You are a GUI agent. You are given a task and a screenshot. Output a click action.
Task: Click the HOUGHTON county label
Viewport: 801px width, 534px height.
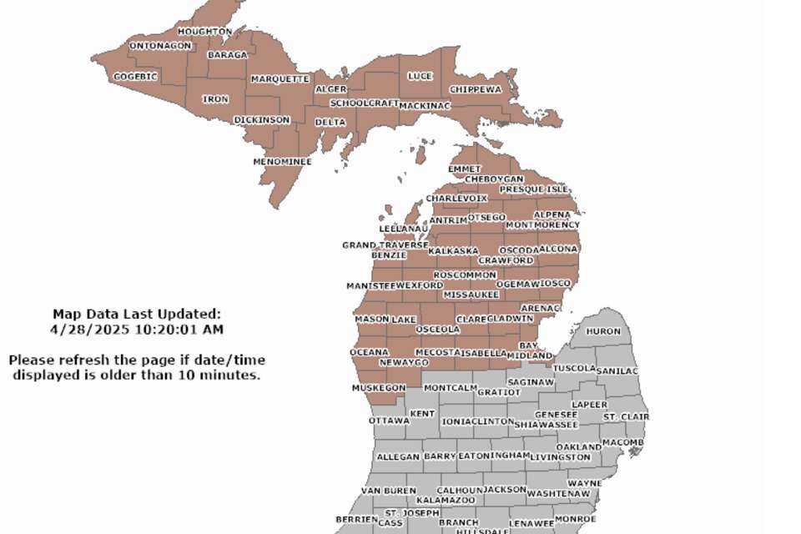click(x=204, y=32)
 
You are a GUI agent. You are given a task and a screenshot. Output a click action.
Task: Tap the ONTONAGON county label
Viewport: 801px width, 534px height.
click(x=160, y=46)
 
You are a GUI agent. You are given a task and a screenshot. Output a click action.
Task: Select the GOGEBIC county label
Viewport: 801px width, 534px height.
click(x=135, y=77)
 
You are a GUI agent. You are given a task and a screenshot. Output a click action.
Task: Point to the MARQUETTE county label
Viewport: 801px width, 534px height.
click(x=280, y=79)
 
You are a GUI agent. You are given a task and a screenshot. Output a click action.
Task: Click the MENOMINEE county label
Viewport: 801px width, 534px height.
click(x=283, y=162)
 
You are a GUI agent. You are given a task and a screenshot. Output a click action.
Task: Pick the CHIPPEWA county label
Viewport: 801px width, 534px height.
click(x=476, y=89)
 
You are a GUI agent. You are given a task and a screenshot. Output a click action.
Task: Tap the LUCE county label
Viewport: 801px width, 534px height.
click(x=420, y=76)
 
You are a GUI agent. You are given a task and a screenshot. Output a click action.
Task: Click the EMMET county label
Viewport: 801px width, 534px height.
click(x=465, y=169)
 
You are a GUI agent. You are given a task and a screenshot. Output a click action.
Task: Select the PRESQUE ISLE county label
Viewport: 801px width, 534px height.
click(x=533, y=189)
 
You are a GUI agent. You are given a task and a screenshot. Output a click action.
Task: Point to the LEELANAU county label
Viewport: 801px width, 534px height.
click(x=404, y=229)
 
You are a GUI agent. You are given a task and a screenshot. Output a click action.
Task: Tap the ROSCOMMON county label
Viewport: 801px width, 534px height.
click(x=465, y=275)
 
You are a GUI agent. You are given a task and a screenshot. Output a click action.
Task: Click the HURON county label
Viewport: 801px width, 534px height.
click(x=603, y=331)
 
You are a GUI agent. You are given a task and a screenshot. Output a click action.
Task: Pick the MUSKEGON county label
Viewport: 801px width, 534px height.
click(x=378, y=388)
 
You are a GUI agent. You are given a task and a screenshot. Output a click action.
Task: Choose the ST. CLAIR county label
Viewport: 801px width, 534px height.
click(x=626, y=416)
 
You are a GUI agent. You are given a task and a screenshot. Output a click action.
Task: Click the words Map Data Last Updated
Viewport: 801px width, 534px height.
click(x=136, y=315)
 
